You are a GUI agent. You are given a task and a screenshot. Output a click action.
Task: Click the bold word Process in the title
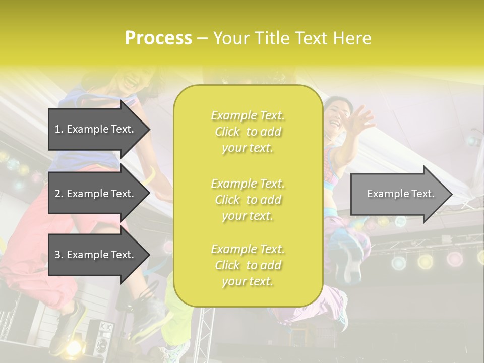coord(158,38)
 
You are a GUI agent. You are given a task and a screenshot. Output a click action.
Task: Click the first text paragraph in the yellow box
coord(248,132)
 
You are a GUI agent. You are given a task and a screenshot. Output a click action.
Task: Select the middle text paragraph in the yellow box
coord(248,199)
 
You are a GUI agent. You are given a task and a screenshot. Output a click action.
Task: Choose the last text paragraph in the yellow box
coord(248,265)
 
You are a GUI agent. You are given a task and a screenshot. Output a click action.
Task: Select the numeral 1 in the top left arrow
coord(57,129)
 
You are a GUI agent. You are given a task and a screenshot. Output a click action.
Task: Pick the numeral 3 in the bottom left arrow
coord(57,255)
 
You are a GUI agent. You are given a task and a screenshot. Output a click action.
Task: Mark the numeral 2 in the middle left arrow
coord(57,194)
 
